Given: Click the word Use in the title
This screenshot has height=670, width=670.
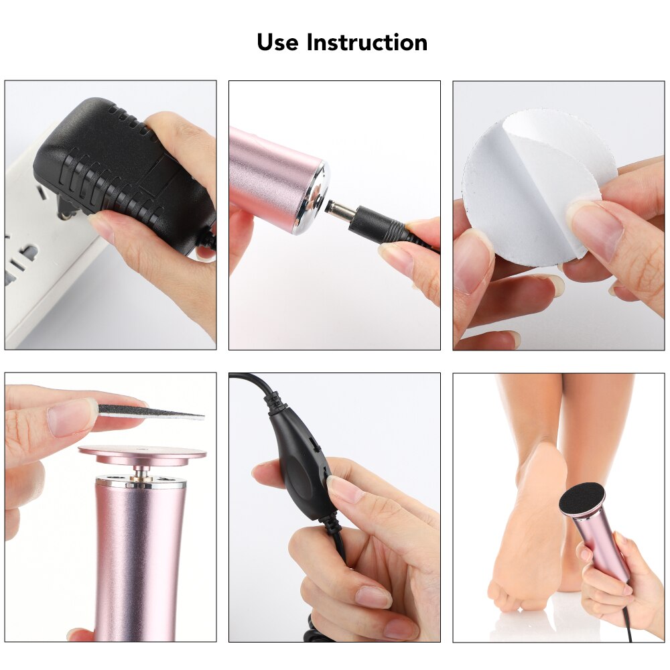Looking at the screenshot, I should [x=278, y=42].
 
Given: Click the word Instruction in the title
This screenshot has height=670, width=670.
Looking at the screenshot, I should [x=367, y=42].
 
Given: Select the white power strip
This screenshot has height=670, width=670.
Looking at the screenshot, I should [x=40, y=255].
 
